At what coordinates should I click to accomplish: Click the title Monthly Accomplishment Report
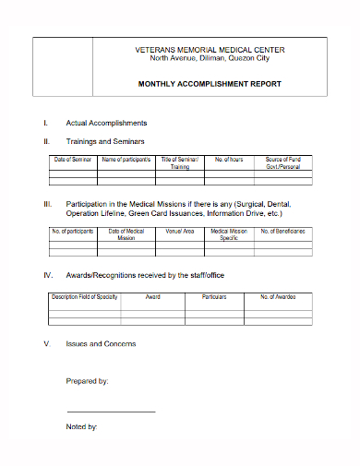[209, 84]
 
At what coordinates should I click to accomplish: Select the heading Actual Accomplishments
[106, 123]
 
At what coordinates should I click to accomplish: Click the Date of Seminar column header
[72, 160]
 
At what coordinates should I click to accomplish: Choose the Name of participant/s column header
[126, 160]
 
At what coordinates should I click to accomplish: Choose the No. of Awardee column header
[277, 297]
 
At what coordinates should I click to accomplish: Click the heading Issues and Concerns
[101, 343]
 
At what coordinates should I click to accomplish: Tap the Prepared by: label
[88, 380]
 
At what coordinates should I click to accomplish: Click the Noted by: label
[82, 426]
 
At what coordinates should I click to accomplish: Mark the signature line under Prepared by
[111, 412]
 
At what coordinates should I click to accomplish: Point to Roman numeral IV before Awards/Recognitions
[48, 275]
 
